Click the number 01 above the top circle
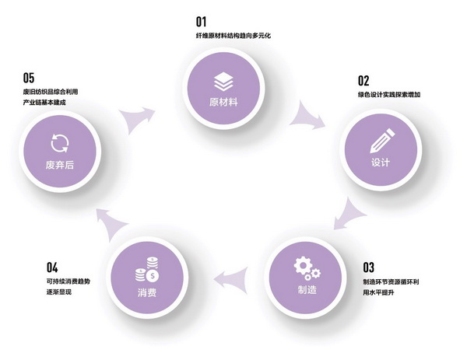click(x=202, y=21)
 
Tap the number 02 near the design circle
click(x=363, y=80)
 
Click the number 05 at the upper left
click(x=29, y=77)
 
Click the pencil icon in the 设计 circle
click(x=379, y=143)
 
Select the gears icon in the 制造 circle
click(x=306, y=268)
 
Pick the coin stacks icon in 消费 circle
click(x=146, y=271)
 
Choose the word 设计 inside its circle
click(x=380, y=164)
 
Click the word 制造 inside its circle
click(x=307, y=290)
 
